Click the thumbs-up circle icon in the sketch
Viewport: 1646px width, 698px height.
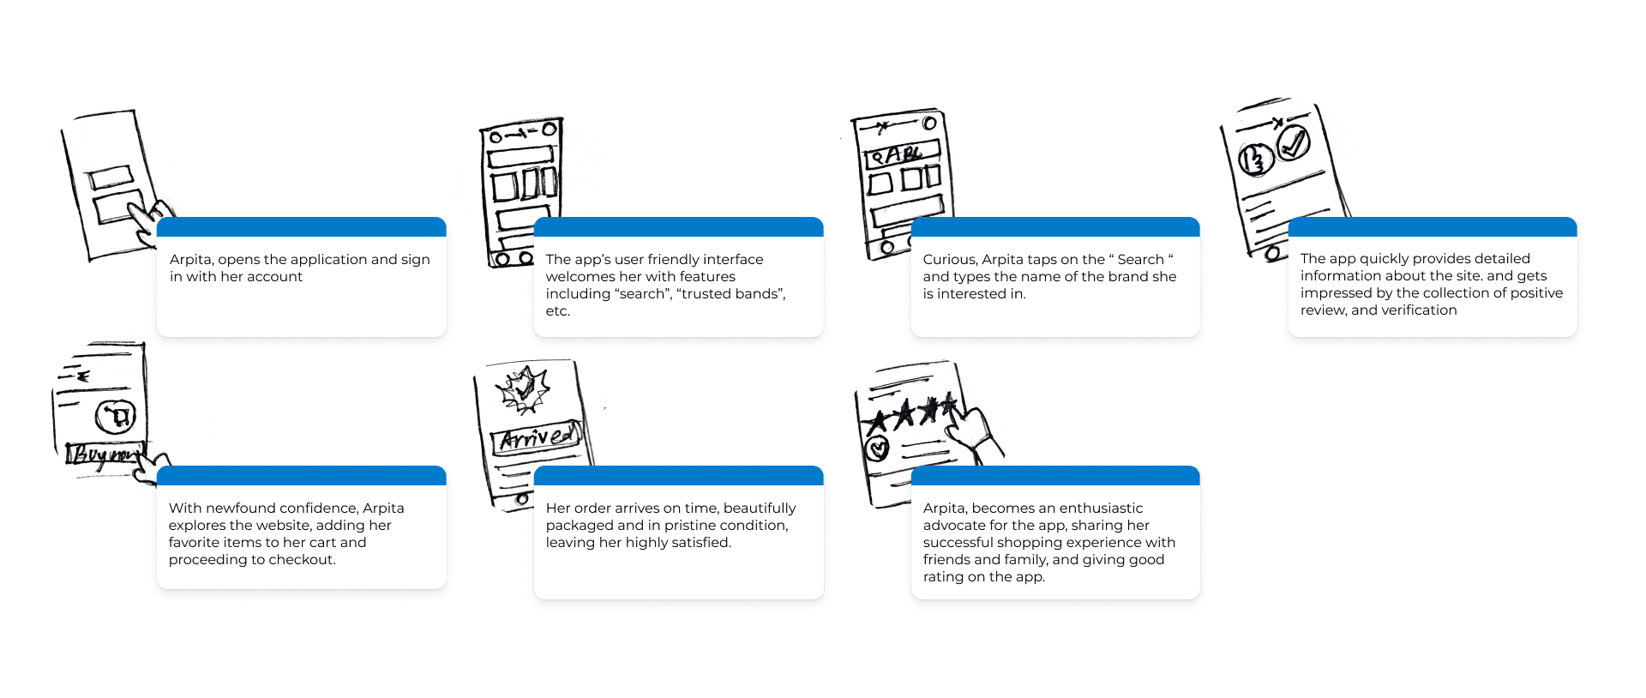click(1256, 159)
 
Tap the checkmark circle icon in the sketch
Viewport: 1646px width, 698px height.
click(1293, 141)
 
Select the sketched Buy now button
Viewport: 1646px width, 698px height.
click(104, 454)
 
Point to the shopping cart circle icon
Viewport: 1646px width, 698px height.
click(116, 417)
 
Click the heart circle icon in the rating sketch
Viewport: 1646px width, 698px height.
click(877, 448)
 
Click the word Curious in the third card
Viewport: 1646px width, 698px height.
click(949, 259)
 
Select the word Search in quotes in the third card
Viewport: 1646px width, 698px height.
click(1140, 259)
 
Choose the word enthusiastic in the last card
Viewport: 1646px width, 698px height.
click(1101, 508)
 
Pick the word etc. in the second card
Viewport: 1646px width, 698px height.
click(558, 311)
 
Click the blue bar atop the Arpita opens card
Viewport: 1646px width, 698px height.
click(302, 226)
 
